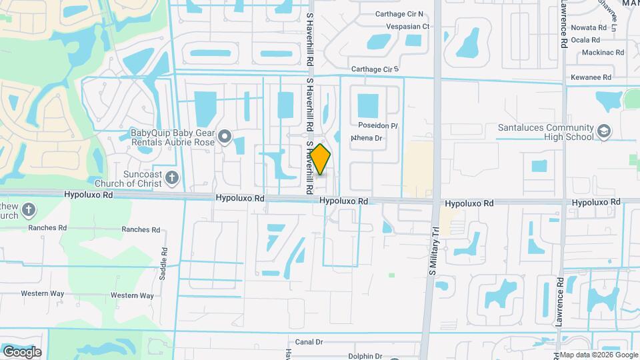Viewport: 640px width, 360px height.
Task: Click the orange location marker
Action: point(321,159)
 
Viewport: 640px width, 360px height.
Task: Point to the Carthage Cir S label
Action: point(374,69)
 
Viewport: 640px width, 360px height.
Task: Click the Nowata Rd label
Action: point(589,28)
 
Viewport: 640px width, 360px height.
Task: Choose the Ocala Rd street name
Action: point(587,40)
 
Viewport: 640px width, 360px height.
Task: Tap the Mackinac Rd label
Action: point(602,52)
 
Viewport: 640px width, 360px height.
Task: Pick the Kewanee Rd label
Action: point(591,77)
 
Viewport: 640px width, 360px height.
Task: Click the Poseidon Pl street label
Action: point(377,125)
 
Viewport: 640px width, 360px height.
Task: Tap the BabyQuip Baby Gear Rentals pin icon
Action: point(225,137)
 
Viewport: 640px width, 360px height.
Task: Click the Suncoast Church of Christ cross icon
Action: point(172,177)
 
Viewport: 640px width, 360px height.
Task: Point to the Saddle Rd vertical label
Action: point(165,260)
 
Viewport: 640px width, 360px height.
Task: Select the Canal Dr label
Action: point(309,342)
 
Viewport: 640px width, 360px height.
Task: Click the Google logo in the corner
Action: point(22,351)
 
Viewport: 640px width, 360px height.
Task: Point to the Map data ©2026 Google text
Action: point(598,355)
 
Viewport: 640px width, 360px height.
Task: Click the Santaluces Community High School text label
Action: point(546,132)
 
